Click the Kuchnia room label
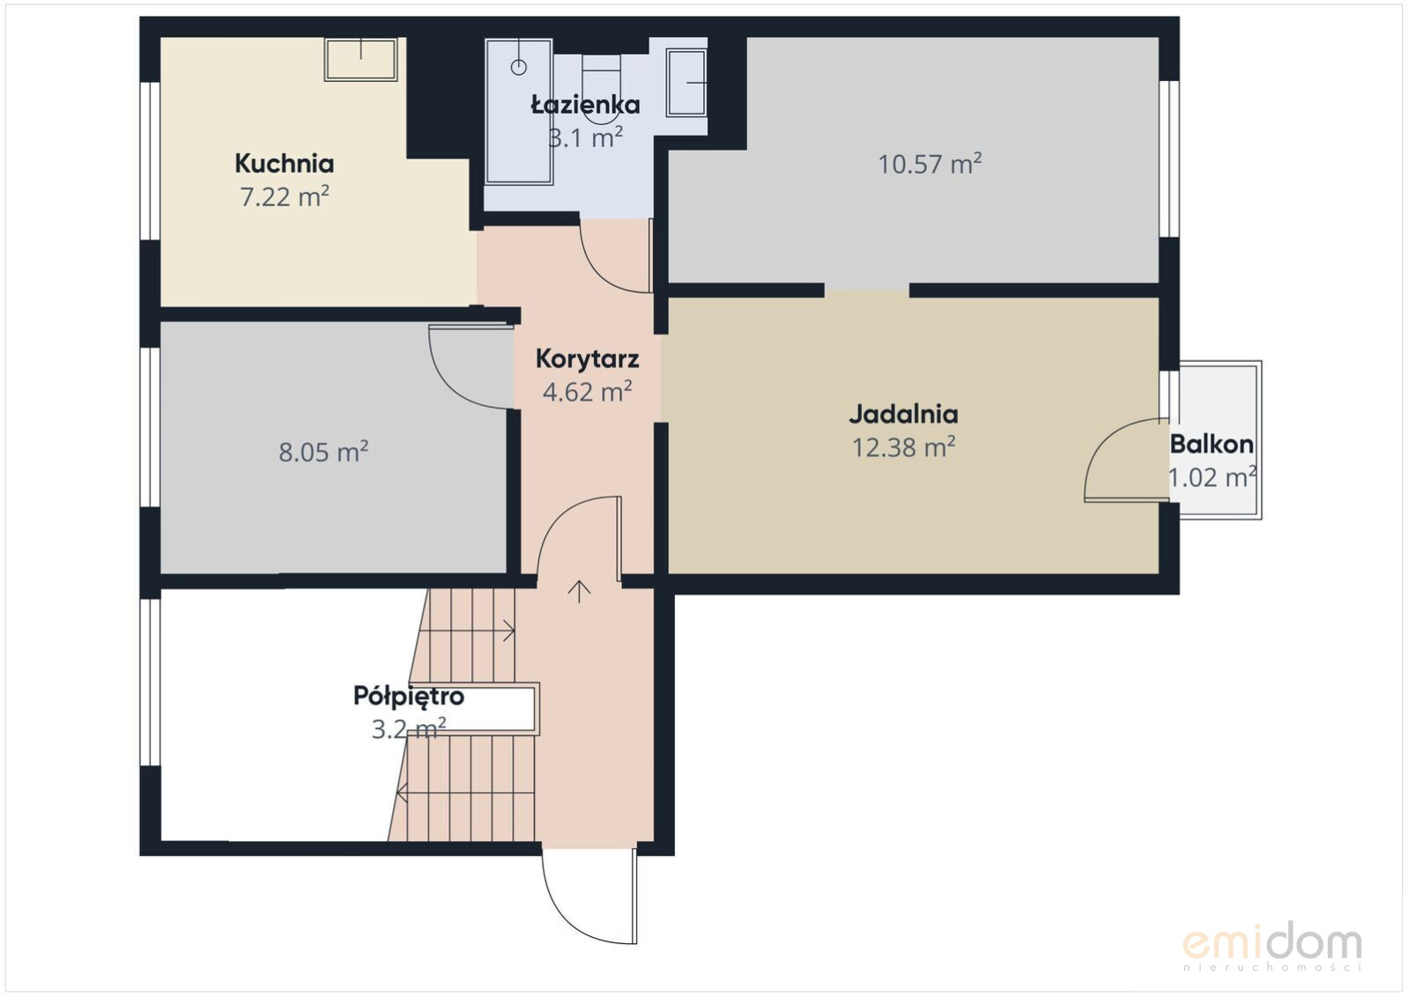tap(284, 164)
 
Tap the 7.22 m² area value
tap(284, 196)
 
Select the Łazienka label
tap(585, 104)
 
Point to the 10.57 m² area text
tap(930, 164)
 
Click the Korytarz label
tap(587, 358)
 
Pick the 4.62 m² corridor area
tap(587, 392)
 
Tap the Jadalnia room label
tap(903, 414)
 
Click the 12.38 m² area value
tap(903, 446)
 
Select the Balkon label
tap(1212, 444)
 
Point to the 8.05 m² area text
tap(323, 452)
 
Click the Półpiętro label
tap(409, 697)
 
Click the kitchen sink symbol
tap(360, 59)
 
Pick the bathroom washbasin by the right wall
tap(686, 83)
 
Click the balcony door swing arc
tap(1108, 441)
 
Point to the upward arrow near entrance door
tap(579, 592)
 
